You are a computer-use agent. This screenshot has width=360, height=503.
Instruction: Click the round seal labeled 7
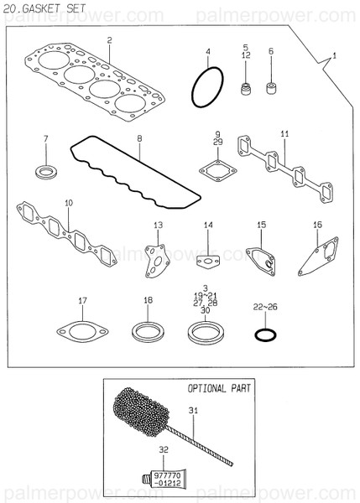[46, 173]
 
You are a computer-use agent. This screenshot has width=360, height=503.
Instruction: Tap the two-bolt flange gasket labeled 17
[81, 333]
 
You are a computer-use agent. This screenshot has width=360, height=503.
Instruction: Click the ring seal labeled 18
[148, 334]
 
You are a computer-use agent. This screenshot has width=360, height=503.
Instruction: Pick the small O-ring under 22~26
[263, 335]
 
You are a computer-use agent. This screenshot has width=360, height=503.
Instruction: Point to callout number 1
[333, 55]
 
